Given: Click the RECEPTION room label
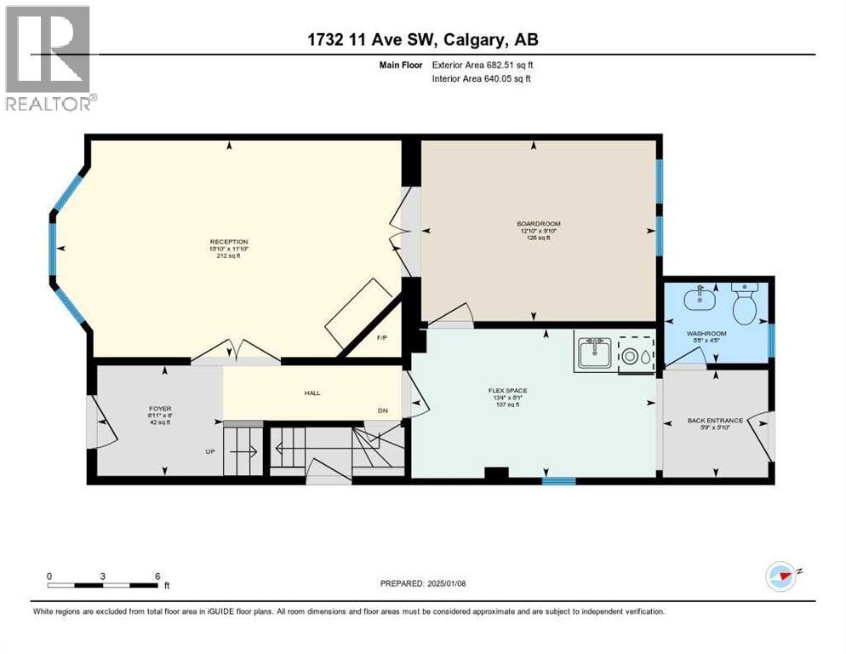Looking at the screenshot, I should point(229,242).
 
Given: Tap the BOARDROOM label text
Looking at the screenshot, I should point(538,224).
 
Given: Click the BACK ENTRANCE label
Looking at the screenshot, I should point(715,421).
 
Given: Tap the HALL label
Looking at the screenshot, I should point(312,393).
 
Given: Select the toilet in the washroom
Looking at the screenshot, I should point(745,305).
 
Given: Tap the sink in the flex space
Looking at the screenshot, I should point(593,352).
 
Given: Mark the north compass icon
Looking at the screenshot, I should point(781,576).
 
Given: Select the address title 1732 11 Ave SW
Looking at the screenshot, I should point(422,39).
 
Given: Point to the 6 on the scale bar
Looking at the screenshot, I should point(157,577).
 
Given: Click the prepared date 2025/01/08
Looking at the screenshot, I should point(423,583).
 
